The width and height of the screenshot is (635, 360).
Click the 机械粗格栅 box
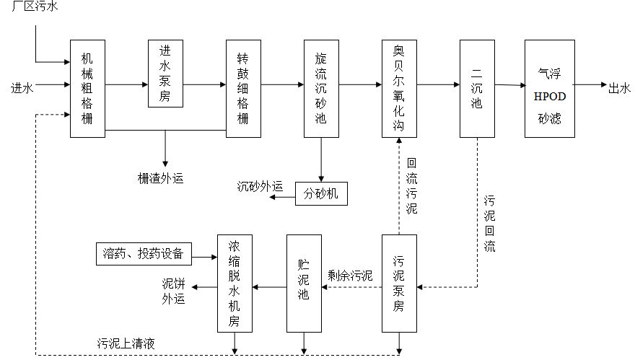[87, 88]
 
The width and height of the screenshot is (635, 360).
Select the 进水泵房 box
[165, 74]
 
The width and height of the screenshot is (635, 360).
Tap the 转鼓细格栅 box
[243, 88]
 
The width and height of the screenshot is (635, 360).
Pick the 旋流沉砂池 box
[321, 88]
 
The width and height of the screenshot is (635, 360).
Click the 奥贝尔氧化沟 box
[399, 88]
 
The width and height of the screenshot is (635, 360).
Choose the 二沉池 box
[477, 88]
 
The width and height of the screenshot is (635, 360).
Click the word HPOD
[549, 96]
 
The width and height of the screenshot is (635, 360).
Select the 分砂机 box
[321, 194]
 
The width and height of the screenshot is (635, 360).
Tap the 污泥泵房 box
[399, 284]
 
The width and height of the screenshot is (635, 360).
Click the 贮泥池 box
[304, 284]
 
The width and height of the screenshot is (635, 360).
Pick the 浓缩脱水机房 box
[235, 284]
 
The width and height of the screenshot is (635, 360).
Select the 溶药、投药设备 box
[144, 253]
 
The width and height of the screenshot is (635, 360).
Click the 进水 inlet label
[22, 88]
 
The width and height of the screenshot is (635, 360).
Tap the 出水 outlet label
[620, 88]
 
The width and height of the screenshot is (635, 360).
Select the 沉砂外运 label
[260, 186]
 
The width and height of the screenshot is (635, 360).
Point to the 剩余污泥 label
[350, 275]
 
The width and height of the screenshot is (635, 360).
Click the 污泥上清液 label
[127, 343]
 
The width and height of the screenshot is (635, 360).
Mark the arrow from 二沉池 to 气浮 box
[509, 85]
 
